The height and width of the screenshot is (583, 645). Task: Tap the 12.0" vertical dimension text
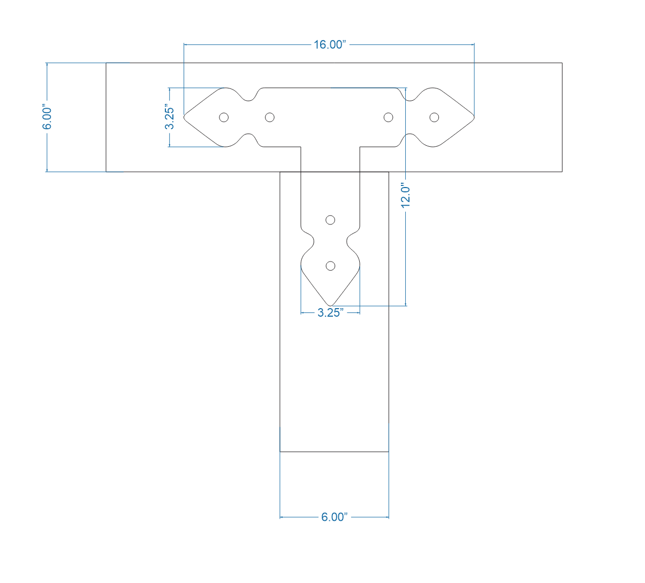(406, 196)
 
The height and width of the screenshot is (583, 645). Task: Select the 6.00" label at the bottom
(334, 517)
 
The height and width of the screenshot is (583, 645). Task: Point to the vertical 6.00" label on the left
(48, 117)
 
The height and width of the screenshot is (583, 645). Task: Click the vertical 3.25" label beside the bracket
(170, 117)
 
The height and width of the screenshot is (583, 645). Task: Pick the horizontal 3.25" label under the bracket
(330, 313)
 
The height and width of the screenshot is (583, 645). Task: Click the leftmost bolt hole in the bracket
(224, 117)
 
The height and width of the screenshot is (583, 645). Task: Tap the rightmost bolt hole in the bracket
(434, 117)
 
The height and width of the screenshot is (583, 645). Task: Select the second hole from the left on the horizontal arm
(270, 117)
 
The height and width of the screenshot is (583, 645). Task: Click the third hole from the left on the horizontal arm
(389, 117)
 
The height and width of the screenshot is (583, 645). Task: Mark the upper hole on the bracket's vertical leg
(330, 220)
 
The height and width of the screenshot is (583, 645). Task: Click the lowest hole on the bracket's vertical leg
(330, 266)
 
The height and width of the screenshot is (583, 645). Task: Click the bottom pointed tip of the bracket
(330, 306)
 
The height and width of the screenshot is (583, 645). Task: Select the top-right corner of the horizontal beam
(562, 63)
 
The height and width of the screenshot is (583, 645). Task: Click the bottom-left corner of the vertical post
(280, 452)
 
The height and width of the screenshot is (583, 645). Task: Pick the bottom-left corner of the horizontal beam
(106, 171)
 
